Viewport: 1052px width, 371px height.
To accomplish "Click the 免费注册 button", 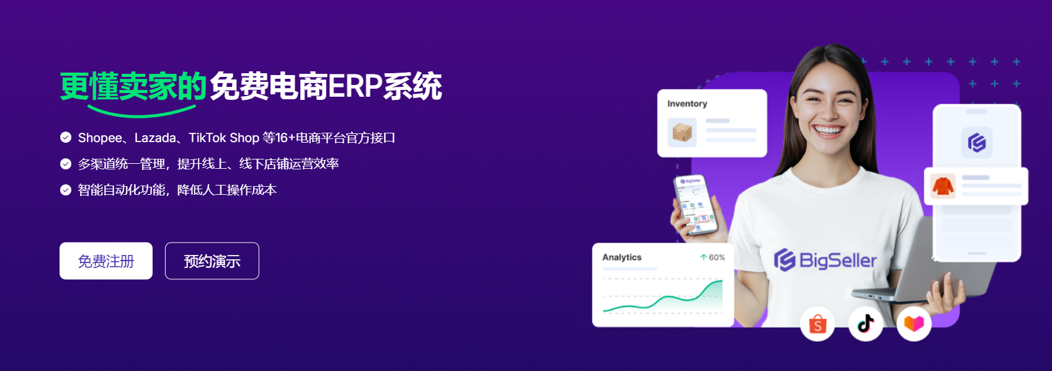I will click(x=106, y=261).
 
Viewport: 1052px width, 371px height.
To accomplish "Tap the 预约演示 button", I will click(x=212, y=261).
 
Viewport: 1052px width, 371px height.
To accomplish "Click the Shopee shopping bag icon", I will click(x=818, y=324).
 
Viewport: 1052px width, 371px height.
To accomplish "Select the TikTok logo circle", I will click(x=866, y=324).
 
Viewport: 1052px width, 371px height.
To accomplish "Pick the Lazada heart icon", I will click(x=914, y=324).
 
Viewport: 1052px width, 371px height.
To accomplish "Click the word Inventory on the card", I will click(x=687, y=104).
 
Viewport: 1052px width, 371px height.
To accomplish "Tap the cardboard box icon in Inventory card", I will click(x=682, y=132).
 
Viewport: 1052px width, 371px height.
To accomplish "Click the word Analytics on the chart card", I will click(x=622, y=257).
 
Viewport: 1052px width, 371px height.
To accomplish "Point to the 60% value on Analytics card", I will click(x=716, y=257).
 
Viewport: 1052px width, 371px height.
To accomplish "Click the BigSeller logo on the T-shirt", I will click(x=825, y=260).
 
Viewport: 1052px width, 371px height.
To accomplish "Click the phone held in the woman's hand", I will click(x=695, y=205).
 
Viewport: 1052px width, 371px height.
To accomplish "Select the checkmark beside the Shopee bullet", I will click(x=66, y=138).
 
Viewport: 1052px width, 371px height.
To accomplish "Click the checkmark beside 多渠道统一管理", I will click(x=66, y=164).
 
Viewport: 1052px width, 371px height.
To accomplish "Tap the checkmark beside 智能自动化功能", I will click(x=66, y=190).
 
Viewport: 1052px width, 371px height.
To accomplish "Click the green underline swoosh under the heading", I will click(x=141, y=112).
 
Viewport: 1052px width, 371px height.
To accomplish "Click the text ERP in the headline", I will click(x=354, y=86).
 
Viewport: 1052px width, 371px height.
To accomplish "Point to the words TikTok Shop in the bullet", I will click(x=224, y=138).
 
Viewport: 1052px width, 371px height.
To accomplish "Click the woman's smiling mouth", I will click(x=828, y=130).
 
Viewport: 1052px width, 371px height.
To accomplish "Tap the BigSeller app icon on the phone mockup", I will click(x=977, y=143).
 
